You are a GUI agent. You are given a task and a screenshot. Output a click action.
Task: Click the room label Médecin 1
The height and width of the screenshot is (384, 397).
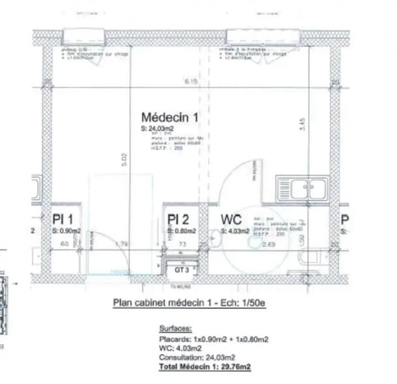click(x=169, y=117)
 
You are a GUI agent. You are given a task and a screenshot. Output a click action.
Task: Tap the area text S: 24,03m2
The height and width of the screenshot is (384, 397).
click(x=157, y=130)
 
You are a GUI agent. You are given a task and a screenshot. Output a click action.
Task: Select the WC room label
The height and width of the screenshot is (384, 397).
click(x=232, y=219)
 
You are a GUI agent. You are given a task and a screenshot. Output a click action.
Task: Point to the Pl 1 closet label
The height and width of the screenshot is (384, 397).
click(x=66, y=219)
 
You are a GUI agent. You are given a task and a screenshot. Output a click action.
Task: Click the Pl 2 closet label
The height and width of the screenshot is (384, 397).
click(x=178, y=219)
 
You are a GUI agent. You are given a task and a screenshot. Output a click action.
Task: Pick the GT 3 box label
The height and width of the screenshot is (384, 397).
click(x=181, y=269)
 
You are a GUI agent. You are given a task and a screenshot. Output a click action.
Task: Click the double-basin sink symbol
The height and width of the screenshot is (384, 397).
click(x=302, y=189)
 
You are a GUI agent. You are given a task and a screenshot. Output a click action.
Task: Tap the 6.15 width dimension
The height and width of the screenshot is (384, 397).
click(x=190, y=82)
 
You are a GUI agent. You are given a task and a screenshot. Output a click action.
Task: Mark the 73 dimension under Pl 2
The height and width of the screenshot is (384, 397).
click(x=183, y=244)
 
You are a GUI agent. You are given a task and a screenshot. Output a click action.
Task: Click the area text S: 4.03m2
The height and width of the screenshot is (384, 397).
click(x=235, y=231)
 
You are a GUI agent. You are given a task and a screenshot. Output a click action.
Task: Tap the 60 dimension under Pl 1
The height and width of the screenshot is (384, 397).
click(x=65, y=244)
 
